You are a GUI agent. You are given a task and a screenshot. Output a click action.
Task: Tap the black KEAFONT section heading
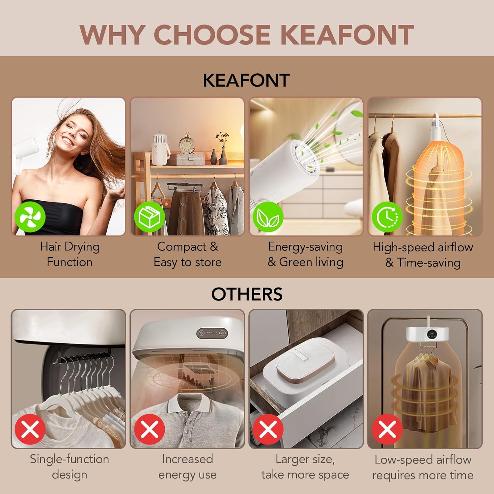pos(246,80)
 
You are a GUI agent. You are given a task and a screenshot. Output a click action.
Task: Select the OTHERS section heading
pos(247,294)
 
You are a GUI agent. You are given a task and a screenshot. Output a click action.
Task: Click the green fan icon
pos(30,217)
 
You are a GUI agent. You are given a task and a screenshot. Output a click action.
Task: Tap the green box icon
pos(150,217)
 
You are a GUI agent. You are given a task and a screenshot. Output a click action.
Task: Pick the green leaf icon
pos(268,217)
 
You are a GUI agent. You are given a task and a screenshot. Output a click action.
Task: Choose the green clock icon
pos(387,217)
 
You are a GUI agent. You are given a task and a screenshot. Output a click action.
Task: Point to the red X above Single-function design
pos(30,429)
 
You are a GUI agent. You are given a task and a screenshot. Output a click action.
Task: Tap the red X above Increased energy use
pos(150,429)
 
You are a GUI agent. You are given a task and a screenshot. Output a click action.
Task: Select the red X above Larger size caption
pos(268,429)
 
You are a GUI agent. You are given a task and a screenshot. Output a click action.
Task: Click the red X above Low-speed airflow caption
pos(387,429)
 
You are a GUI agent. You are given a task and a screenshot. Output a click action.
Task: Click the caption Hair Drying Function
pos(70,254)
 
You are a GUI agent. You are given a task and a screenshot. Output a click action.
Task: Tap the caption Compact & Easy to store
pos(187,254)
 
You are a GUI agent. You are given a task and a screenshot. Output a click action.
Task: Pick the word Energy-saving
pos(305,247)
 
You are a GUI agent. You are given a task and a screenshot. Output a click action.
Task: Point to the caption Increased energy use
pos(187,467)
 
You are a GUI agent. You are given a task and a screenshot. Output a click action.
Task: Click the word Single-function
pos(69,459)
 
